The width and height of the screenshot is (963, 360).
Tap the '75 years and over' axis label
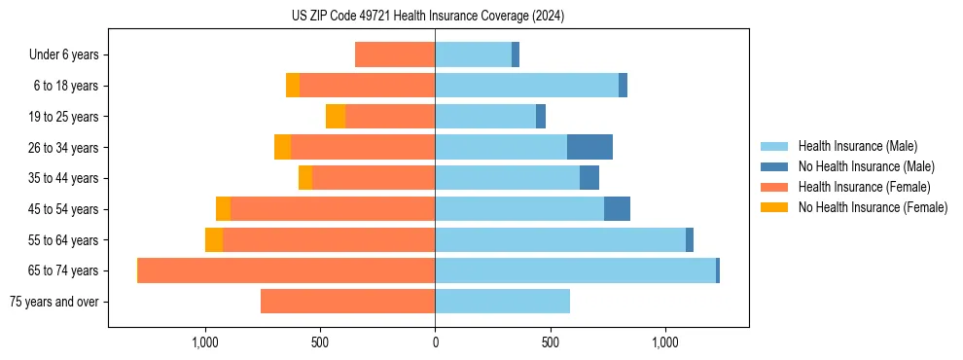pos(53,302)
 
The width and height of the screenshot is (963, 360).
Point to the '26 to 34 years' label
pos(64,147)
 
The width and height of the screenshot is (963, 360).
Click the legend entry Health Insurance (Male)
pos(857,146)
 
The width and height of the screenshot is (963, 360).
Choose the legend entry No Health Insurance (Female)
pos(873,207)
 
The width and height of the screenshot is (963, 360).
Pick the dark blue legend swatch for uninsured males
pos(774,166)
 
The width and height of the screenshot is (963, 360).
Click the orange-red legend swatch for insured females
pos(774,187)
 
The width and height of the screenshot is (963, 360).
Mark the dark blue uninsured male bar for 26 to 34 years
pos(589,147)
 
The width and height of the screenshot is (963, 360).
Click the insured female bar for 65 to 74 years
pos(286,270)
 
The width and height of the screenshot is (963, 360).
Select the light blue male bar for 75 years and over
pos(502,302)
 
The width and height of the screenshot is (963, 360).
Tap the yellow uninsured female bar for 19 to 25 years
pos(336,116)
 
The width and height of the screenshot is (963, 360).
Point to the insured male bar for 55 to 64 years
pos(560,239)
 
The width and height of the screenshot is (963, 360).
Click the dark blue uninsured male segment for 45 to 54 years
pos(617,208)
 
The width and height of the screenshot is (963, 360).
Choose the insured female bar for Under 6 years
pos(395,54)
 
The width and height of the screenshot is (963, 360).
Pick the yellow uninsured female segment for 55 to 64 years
pos(214,239)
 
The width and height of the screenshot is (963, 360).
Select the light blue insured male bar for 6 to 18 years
pos(526,86)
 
